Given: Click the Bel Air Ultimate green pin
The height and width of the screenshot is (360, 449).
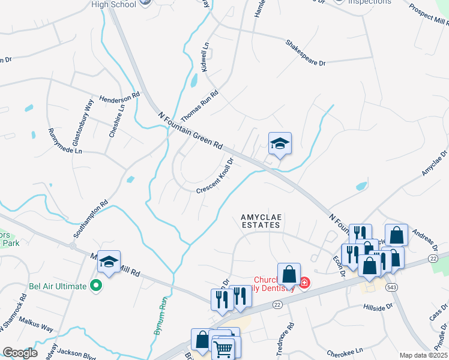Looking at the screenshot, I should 95,286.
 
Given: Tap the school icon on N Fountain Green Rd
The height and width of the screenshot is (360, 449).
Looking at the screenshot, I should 280,144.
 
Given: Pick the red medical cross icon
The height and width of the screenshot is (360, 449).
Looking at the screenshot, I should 304,282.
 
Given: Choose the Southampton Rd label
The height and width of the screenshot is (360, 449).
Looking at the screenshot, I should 90,219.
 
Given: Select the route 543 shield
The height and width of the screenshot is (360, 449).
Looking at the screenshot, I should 391,287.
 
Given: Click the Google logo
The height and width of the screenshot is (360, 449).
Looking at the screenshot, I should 20,353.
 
